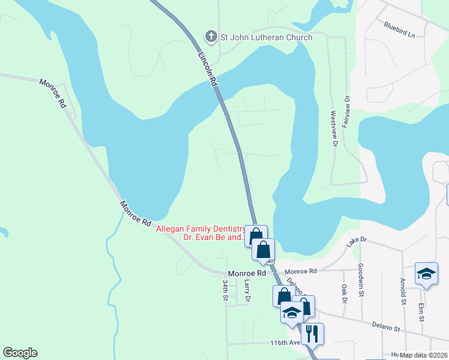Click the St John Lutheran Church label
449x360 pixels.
[267, 37]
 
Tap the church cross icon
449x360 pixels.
[211, 37]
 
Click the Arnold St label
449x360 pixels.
[402, 290]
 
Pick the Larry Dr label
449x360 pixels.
[247, 290]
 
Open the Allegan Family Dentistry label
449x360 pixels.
[201, 233]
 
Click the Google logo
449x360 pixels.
[20, 353]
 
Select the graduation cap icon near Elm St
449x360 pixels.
[426, 274]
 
